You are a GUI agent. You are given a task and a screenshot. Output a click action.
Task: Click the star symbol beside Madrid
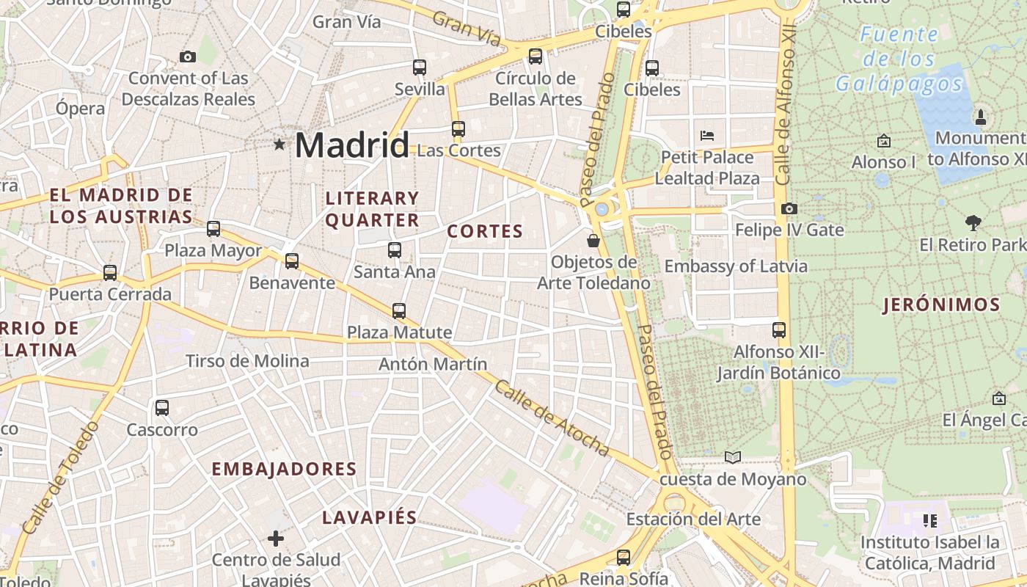pos(279,145)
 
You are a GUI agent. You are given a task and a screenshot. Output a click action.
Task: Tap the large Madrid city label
pos(351,145)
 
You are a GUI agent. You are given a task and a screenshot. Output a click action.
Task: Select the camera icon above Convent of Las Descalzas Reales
pos(188,56)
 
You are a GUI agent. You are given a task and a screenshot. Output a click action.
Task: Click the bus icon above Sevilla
pos(420,68)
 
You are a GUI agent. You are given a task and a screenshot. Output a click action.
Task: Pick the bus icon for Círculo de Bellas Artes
pos(536,56)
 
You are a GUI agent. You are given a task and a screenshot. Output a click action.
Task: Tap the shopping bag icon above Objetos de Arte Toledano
pos(593,240)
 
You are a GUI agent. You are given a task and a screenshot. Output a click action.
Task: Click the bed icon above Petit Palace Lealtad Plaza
pos(707,135)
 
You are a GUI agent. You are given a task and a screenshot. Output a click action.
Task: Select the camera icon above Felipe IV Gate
pos(789,208)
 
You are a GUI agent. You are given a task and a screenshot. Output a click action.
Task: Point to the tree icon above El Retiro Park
pos(973,222)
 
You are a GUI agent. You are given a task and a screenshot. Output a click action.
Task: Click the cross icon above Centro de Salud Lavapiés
pos(276,539)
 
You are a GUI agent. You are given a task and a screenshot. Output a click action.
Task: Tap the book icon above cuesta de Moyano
pos(732,457)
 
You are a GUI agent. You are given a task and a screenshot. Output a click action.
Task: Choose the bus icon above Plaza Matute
pos(399,310)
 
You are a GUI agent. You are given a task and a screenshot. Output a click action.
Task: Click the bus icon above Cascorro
pos(162,407)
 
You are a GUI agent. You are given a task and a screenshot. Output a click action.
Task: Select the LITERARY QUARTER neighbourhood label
pos(372,209)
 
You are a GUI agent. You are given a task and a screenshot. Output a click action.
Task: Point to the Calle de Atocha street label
pos(552,418)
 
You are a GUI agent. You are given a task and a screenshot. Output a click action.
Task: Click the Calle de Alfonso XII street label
pos(785,106)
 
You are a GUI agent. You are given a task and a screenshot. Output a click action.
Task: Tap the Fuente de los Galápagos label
pos(899,59)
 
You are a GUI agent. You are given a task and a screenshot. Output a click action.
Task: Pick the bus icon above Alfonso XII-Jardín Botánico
pos(779,330)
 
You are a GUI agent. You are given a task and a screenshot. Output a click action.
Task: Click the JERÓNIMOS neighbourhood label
pos(942,305)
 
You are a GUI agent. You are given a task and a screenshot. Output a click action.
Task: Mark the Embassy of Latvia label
pos(736,266)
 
